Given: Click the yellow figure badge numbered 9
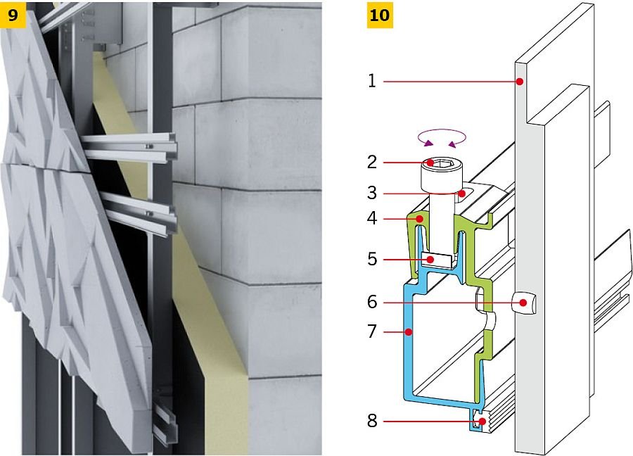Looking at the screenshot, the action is pos(13,15).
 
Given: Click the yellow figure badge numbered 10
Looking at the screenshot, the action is pos(380,15).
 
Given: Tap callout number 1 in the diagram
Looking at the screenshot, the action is pos(372,81).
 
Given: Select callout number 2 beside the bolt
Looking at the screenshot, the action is pos(372,163).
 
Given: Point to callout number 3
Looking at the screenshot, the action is pos(372,193).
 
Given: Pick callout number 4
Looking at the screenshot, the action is pos(372,219).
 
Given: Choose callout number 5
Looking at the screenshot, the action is pos(372,259).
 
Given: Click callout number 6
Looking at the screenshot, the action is pos(372,302).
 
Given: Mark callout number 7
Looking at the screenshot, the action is pos(372,331).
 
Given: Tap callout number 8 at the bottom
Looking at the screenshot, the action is pos(372,421).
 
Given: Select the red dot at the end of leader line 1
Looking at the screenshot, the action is pos(520,82).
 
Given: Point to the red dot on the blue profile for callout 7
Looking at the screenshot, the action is pos(409,332).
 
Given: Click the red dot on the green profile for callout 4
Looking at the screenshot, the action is pos(420,219).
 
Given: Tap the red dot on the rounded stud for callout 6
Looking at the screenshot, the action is pos(523,303).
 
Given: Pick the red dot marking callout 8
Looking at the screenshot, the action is pos(482,422).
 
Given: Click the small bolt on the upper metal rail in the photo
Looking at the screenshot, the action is pos(149,146).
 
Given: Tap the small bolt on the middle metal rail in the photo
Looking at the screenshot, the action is pos(149,213).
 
